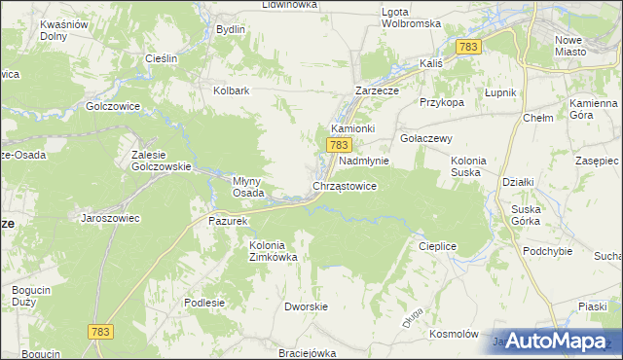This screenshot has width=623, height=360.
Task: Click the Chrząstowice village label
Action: click(x=345, y=185)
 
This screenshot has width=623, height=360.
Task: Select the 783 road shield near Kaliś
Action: click(x=468, y=47)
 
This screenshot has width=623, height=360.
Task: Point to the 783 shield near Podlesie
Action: click(x=100, y=332)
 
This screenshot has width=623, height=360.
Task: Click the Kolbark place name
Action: click(x=233, y=91)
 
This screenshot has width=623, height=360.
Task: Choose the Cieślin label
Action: click(x=161, y=58)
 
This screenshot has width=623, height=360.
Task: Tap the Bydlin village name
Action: click(x=231, y=29)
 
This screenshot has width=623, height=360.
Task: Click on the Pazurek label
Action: click(x=230, y=221)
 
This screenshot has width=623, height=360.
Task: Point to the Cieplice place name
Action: click(x=437, y=246)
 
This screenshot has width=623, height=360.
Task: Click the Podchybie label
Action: click(x=544, y=250)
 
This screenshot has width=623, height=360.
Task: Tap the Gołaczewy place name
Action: click(x=426, y=138)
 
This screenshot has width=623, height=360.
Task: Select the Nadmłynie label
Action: click(x=364, y=161)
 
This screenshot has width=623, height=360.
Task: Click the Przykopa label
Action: click(x=441, y=101)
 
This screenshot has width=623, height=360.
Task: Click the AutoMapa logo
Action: click(x=556, y=341)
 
